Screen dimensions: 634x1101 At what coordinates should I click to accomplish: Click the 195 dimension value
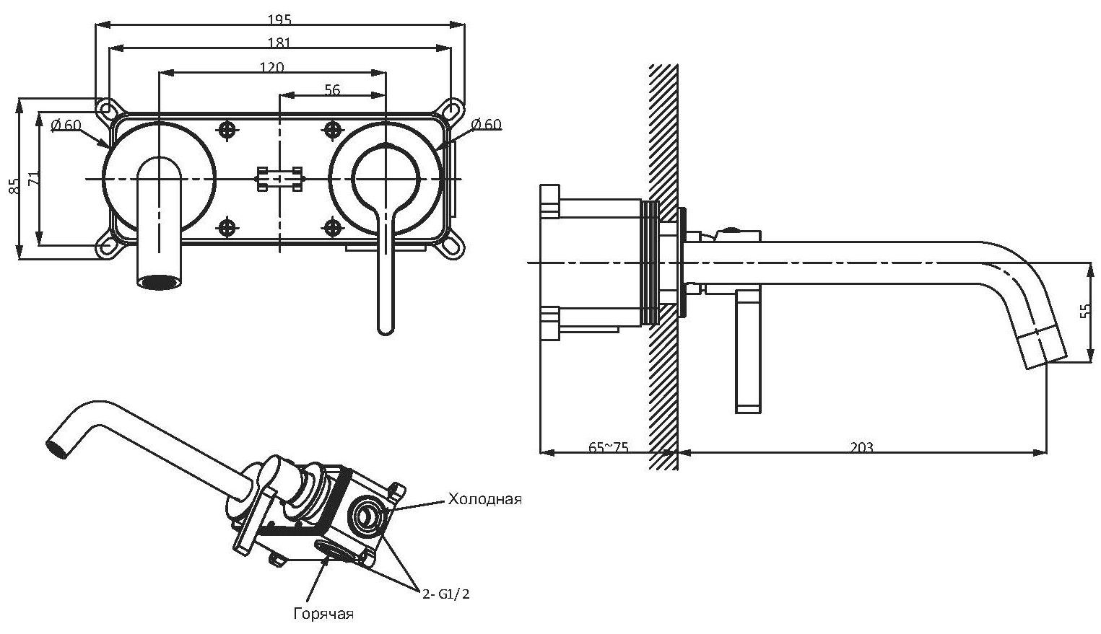pyautogui.click(x=279, y=19)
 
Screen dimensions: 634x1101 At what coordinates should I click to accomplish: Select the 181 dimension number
pyautogui.click(x=279, y=43)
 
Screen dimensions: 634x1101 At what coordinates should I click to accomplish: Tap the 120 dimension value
pyautogui.click(x=271, y=67)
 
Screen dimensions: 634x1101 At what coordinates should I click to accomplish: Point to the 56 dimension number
pyautogui.click(x=332, y=89)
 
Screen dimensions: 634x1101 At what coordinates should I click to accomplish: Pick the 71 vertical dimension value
pyautogui.click(x=33, y=178)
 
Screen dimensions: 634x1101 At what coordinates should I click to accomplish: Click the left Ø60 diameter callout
pyautogui.click(x=66, y=125)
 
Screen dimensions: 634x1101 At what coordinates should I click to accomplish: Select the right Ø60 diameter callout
pyautogui.click(x=486, y=124)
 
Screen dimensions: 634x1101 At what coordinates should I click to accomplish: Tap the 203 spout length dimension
pyautogui.click(x=861, y=447)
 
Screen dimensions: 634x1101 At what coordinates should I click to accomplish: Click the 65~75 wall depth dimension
pyautogui.click(x=608, y=447)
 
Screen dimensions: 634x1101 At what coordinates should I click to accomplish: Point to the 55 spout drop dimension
pyautogui.click(x=1085, y=311)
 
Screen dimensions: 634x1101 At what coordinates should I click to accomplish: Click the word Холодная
pyautogui.click(x=484, y=499)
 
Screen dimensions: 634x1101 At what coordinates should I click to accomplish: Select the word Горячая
pyautogui.click(x=323, y=614)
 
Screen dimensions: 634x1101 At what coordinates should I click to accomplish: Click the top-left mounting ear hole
pyautogui.click(x=107, y=109)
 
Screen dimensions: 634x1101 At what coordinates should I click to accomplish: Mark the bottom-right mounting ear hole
pyautogui.click(x=452, y=245)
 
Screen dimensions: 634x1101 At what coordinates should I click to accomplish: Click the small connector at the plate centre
pyautogui.click(x=279, y=178)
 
